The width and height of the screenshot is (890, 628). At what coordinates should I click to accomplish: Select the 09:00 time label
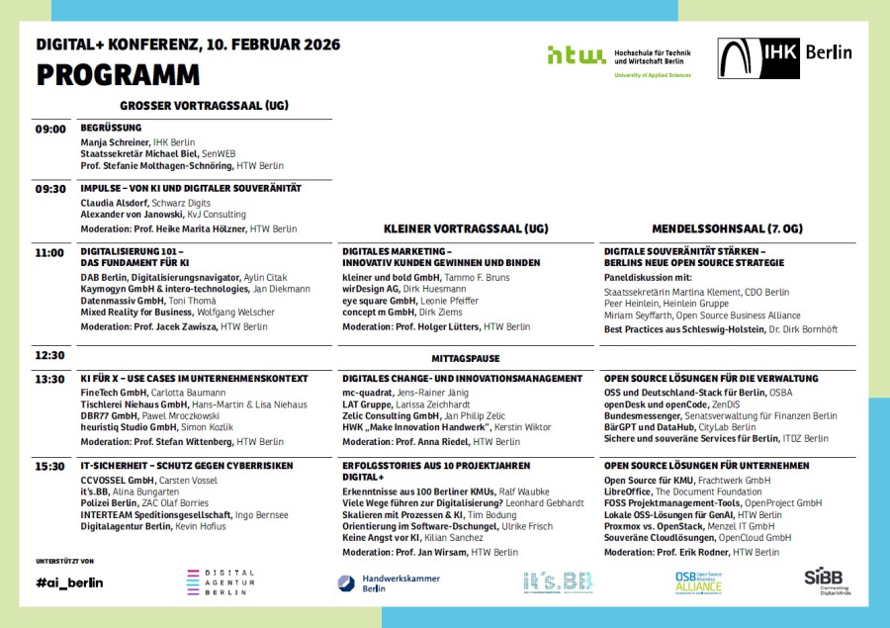click(x=50, y=130)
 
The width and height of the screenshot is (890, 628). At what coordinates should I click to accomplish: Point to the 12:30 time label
click(x=50, y=355)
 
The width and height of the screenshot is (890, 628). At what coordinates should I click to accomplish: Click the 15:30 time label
click(x=50, y=466)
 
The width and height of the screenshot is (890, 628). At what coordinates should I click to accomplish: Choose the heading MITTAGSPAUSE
click(x=466, y=358)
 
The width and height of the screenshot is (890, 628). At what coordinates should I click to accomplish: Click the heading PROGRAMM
click(x=118, y=75)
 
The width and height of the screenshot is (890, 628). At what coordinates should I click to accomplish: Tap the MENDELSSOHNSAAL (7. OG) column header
click(x=727, y=228)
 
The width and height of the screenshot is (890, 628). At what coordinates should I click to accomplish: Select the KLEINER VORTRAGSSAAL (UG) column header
click(x=465, y=228)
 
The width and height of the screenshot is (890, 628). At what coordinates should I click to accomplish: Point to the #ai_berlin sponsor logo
click(x=68, y=583)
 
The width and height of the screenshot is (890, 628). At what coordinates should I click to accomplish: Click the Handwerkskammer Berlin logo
click(x=388, y=583)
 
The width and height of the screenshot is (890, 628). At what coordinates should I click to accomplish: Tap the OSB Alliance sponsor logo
click(x=699, y=583)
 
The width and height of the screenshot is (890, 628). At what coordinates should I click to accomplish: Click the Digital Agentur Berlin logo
click(x=221, y=583)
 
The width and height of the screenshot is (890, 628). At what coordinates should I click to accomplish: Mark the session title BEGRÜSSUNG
click(x=111, y=128)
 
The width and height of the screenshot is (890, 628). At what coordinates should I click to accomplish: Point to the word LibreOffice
click(x=629, y=491)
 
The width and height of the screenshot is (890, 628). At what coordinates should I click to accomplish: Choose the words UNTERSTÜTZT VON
click(x=64, y=561)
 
